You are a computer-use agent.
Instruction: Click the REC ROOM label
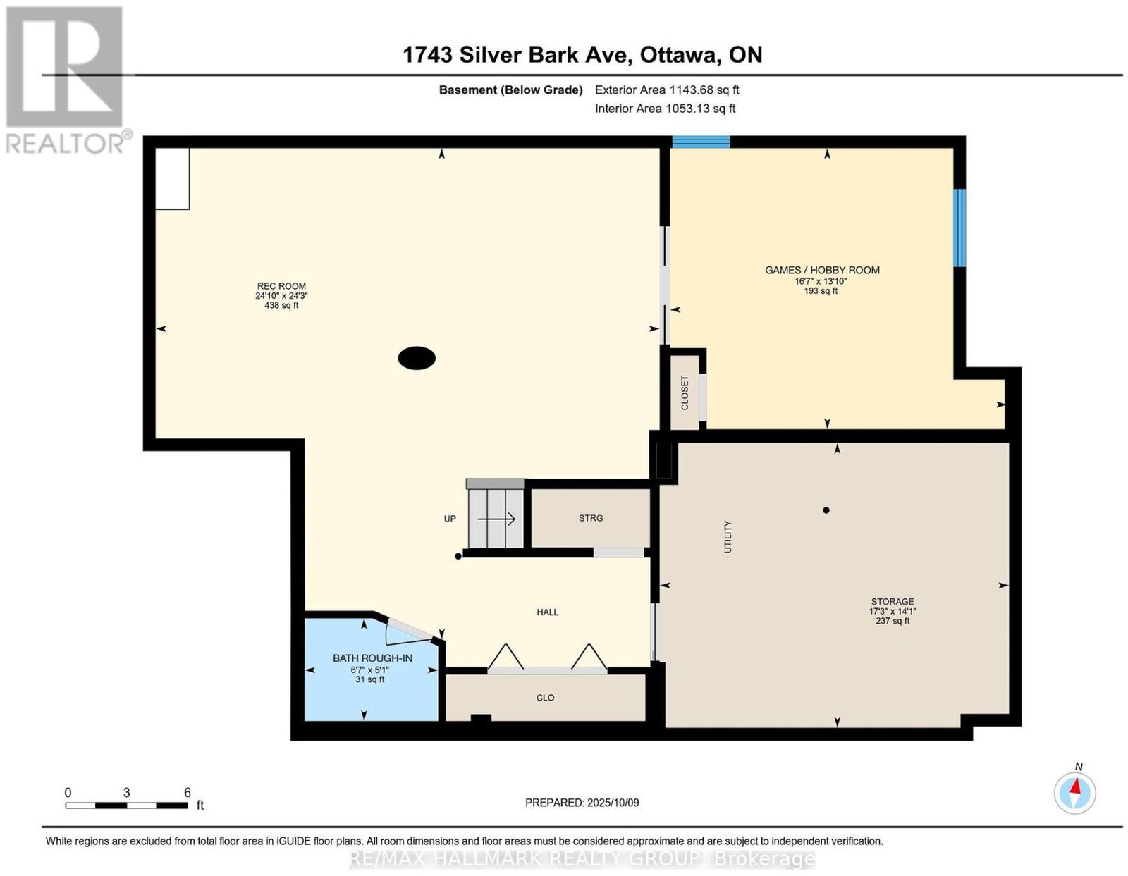pos(281,286)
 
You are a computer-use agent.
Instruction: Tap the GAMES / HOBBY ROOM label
pos(822,270)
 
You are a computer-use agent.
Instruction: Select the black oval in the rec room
pos(417,358)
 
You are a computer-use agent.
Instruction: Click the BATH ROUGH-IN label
pos(372,658)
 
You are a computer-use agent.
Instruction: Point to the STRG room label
pos(591,518)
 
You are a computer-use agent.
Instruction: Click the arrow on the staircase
pos(496,519)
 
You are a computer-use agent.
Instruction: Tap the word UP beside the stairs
pos(450,519)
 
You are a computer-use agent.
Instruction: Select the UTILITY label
pos(728,537)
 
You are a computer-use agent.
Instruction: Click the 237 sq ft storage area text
pos(893,621)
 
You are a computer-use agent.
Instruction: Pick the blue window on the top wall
pos(701,142)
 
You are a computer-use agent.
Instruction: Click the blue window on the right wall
pos(960,228)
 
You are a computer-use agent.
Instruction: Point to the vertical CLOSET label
pos(684,393)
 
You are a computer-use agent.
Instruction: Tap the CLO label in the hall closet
pos(545,698)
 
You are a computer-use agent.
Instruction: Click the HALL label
pos(548,612)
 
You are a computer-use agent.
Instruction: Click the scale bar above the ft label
pos(127,806)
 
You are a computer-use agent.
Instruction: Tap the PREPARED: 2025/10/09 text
pos(582,803)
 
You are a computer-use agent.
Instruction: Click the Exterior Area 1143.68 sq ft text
pos(667,90)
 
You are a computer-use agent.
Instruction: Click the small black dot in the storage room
pos(826,510)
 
